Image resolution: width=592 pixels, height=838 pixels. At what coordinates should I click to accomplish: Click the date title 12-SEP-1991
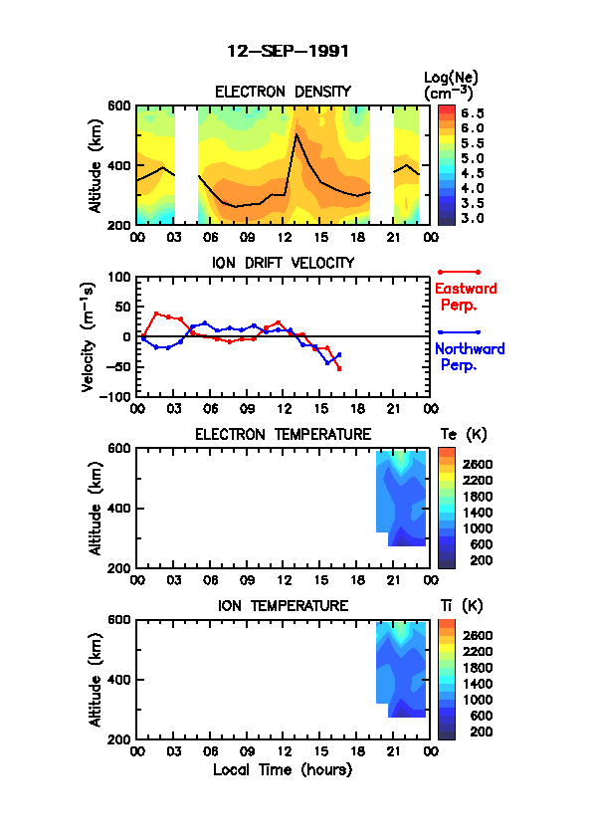288,52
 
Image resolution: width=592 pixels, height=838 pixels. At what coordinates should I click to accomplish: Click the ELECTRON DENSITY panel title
283,92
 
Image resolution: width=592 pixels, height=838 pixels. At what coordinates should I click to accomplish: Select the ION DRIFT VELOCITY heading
283,263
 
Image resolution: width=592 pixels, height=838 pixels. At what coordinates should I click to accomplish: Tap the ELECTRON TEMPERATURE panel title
283,435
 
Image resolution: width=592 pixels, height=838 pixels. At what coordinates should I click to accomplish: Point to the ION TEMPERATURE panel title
283,606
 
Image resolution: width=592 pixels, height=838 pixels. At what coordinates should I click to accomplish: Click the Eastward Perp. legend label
466,297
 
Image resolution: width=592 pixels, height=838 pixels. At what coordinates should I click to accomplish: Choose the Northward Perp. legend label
470,357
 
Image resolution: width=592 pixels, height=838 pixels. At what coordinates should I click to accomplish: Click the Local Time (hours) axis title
283,770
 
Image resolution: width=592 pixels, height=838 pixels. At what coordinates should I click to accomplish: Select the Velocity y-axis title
89,336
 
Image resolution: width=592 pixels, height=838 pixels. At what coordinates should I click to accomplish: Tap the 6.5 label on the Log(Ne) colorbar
473,113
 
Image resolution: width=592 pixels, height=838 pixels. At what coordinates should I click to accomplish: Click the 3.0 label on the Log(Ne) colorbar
473,219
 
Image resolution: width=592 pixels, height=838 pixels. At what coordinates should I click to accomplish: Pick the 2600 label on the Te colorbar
478,465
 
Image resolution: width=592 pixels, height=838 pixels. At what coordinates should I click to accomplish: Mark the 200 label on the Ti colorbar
481,733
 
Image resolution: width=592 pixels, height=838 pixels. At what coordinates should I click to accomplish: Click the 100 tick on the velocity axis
119,277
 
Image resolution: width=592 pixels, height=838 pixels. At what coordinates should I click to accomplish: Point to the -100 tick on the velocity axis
115,396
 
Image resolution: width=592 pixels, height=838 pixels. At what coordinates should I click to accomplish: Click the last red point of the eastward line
339,369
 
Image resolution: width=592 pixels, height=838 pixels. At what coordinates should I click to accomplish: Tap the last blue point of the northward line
339,354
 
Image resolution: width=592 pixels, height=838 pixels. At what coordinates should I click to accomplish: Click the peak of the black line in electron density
296,134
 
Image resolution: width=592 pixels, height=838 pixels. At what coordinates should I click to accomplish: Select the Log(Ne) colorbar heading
451,85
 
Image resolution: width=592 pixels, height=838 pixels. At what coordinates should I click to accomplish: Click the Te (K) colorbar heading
464,435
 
